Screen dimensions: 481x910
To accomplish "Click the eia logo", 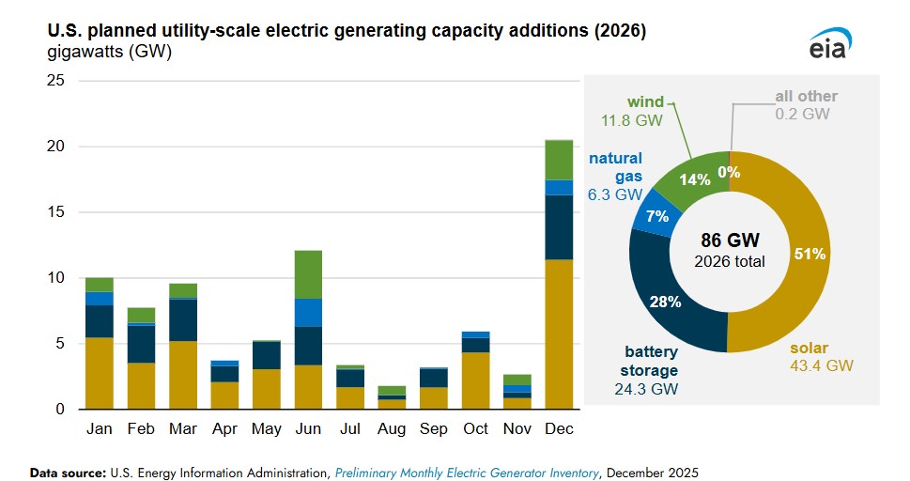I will (830, 43).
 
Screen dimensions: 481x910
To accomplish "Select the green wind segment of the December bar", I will (559, 160).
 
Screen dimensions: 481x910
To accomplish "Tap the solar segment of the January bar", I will (99, 373).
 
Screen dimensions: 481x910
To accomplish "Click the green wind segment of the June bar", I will (309, 274).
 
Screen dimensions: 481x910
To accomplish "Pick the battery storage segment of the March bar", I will (182, 319).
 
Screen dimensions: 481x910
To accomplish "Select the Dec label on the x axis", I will (559, 429).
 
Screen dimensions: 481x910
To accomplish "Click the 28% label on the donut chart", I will (664, 301).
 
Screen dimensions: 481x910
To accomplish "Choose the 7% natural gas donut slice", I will (655, 216).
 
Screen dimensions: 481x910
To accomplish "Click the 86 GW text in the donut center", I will (729, 240).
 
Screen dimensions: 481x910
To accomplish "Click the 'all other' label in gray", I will (806, 96).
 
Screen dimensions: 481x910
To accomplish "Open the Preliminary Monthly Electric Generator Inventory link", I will (466, 473).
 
